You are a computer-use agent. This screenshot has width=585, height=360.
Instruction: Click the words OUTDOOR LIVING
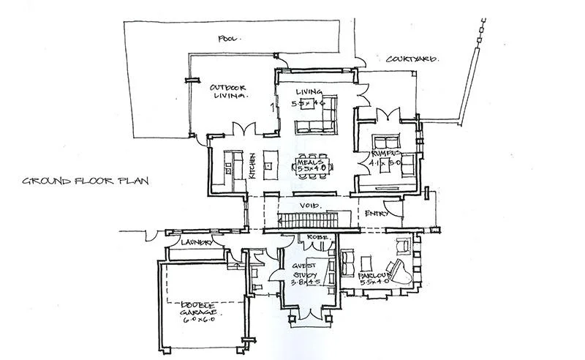point(229,91)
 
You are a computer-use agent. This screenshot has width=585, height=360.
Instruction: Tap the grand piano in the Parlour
point(401,271)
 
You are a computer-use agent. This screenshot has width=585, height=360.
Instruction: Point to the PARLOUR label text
point(373,277)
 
